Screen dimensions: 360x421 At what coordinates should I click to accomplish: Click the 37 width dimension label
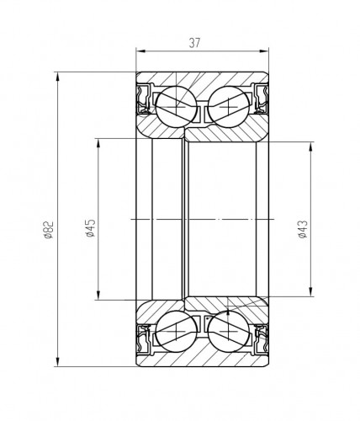pos(195,43)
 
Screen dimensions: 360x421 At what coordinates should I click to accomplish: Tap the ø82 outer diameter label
pos(49,230)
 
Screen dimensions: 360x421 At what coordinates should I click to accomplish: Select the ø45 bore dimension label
pos(91,228)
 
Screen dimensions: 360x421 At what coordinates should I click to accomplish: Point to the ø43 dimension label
pos(303,229)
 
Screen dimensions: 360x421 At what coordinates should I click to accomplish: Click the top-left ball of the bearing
pos(176,107)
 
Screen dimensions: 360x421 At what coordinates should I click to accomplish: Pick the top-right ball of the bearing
pos(229,107)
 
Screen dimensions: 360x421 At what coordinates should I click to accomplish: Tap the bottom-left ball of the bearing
pos(176,331)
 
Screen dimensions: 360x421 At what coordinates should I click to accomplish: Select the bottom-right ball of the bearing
pos(229,331)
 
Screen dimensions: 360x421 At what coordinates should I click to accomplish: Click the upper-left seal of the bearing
pos(144,99)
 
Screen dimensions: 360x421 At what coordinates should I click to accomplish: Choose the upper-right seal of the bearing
pos(261,99)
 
